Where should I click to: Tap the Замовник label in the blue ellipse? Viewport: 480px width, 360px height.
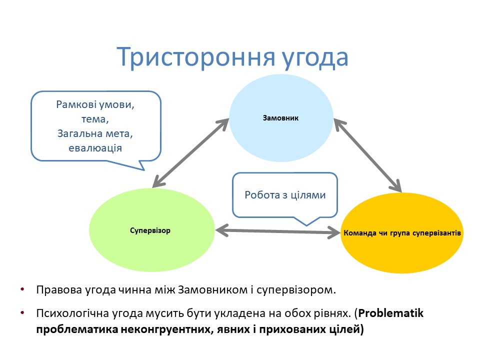[x=280, y=118]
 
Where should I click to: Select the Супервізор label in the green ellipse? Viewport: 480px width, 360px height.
[x=150, y=231]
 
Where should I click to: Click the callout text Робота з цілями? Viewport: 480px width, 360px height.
[x=285, y=195]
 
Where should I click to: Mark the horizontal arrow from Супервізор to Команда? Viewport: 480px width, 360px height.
[x=277, y=231]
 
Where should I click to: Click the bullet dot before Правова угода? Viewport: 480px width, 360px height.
[x=22, y=289]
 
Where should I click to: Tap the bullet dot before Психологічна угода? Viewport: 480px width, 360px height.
[x=22, y=313]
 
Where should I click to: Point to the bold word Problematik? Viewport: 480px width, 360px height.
[x=391, y=313]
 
